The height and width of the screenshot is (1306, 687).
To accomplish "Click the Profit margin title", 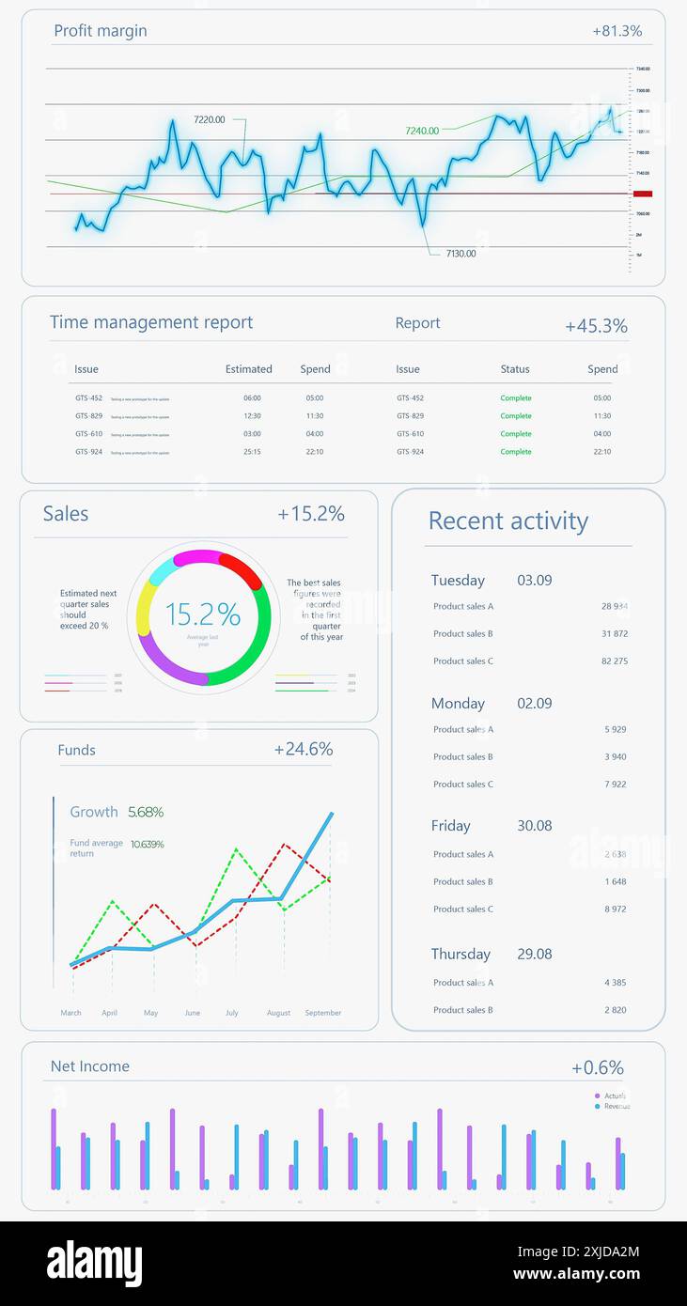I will coord(100,31).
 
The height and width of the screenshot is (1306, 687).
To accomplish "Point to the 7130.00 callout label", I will coord(461,254).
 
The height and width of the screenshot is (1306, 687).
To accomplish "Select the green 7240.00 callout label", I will coord(422,132).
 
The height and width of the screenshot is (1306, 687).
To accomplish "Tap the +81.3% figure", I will coord(617,31).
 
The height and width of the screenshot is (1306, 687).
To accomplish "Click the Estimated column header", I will coord(248,369).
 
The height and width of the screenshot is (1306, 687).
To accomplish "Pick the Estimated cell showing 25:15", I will coord(252,452).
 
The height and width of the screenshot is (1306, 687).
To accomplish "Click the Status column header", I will coord(515,369).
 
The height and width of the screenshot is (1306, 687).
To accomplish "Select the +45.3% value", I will coord(596,326).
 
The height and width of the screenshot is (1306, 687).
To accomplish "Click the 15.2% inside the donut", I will coord(203,614).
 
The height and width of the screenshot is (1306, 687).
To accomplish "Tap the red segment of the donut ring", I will coord(242,568).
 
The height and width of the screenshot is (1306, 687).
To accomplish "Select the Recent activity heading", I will coord(507,521).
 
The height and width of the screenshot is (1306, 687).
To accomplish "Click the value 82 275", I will coord(615,661).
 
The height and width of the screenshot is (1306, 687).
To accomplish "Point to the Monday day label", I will coord(458,704).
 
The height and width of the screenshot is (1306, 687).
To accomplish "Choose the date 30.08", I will coord(534,826).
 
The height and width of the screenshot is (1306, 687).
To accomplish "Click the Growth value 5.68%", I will coord(146,812).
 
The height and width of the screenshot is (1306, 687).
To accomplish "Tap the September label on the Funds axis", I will coord(322,1013).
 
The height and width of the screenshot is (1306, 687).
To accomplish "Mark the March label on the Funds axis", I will coord(70,1013).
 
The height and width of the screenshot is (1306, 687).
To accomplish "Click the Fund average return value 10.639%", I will coord(147,845).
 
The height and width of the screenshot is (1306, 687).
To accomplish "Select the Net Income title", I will coord(90,1066).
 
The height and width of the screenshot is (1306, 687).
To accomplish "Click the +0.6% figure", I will coord(597,1068).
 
